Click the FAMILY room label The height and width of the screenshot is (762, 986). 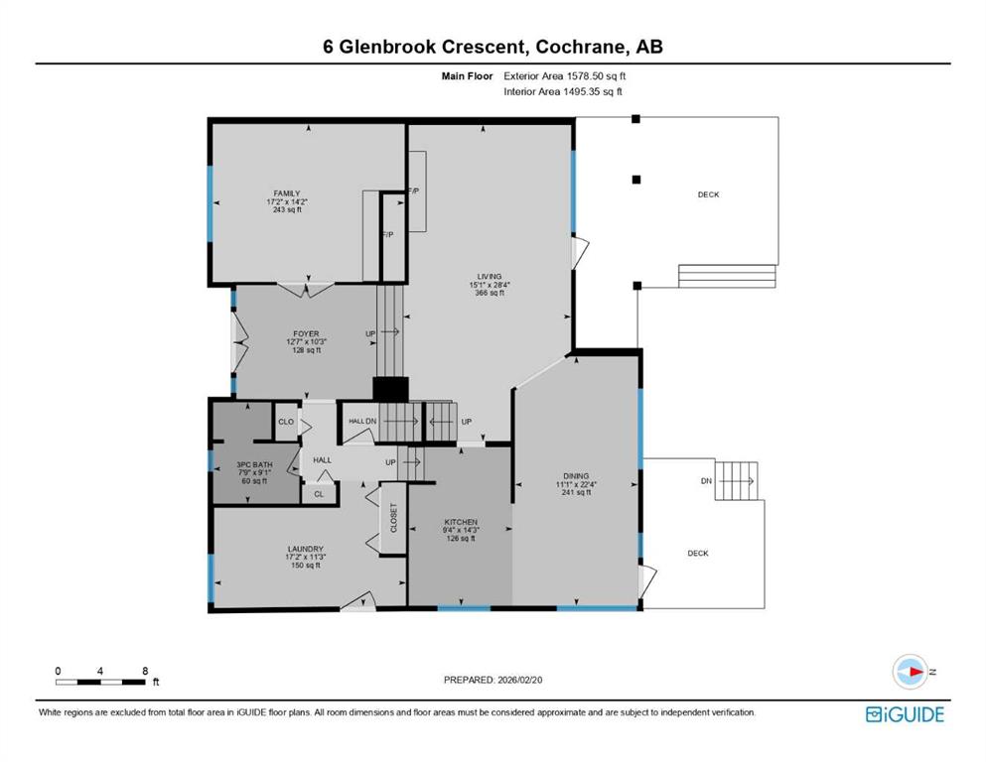point(287,193)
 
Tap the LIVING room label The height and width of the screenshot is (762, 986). point(490,277)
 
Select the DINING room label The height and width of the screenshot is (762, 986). point(576,476)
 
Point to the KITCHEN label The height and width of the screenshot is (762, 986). point(461,522)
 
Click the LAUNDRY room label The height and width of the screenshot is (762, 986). point(306,549)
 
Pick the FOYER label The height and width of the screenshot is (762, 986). point(306,333)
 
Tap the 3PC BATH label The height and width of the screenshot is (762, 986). point(254,465)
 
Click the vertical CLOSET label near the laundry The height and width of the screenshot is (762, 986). point(394,518)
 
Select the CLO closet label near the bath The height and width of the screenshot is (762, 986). point(286,422)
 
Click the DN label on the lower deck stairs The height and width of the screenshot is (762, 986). point(706,481)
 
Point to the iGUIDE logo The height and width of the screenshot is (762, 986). point(905,715)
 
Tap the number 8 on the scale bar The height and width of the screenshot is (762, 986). point(145,671)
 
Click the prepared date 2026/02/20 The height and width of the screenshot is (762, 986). point(519,680)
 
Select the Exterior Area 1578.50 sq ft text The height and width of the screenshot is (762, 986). point(565,76)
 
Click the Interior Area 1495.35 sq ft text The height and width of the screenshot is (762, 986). point(563,91)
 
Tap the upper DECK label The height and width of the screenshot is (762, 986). point(709,194)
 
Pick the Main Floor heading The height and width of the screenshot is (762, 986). point(468,76)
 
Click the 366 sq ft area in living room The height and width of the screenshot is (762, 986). point(490,293)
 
